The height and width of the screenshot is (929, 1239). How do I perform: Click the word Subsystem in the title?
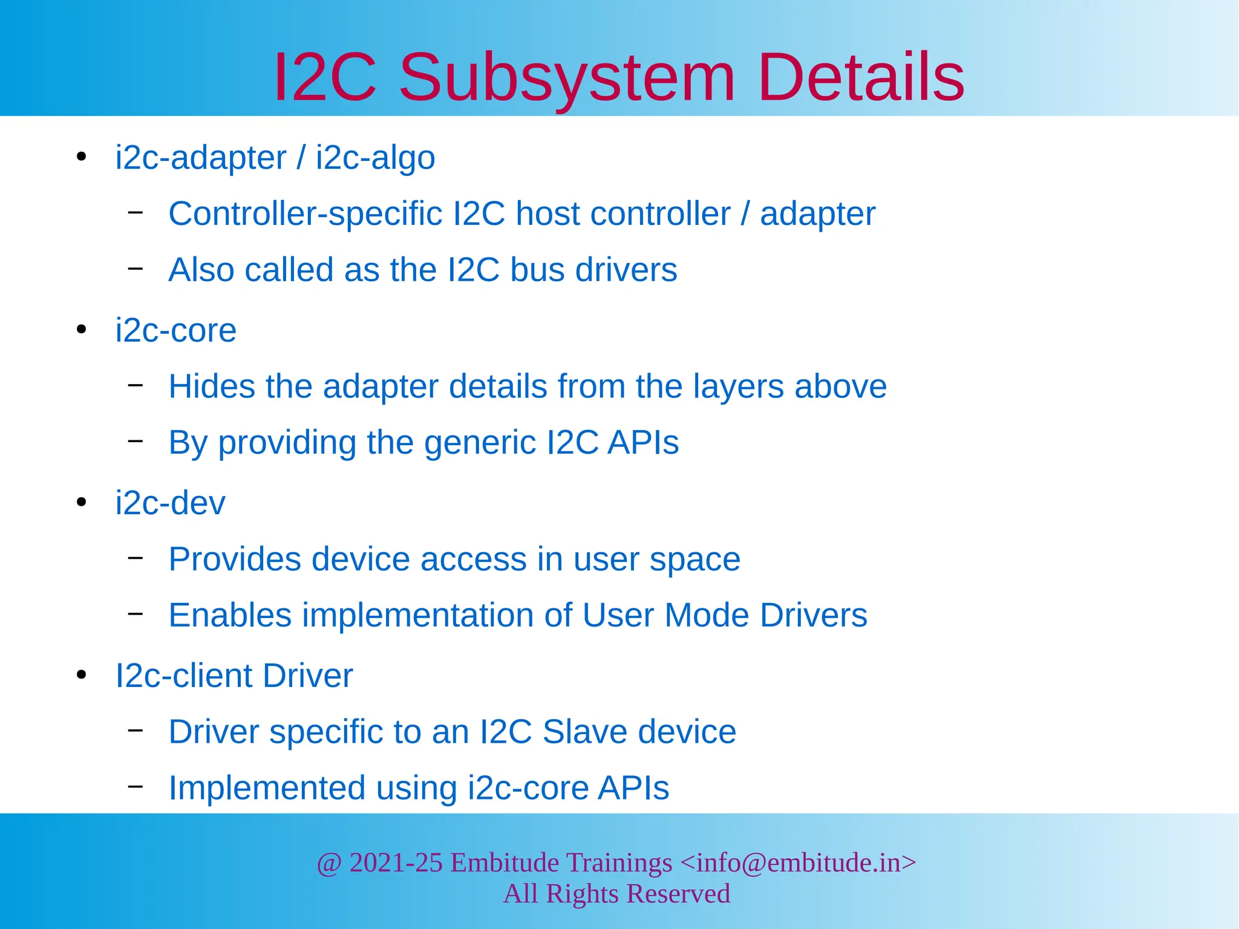point(567,77)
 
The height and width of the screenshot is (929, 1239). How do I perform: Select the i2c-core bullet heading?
point(176,330)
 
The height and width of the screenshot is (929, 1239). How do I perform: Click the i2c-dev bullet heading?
point(171,503)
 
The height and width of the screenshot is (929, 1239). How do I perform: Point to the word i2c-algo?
point(375,158)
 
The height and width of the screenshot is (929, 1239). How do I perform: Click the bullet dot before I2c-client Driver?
point(82,675)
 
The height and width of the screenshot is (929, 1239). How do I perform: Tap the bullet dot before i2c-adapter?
point(82,158)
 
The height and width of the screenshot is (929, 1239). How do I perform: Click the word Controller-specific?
point(306,214)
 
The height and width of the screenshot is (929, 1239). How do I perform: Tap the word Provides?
point(235,559)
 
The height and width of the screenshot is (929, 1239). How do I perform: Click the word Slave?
point(584,732)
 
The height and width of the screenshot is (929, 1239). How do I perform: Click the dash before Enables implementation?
point(136,614)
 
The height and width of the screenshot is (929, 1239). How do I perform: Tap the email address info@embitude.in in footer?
point(799,862)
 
